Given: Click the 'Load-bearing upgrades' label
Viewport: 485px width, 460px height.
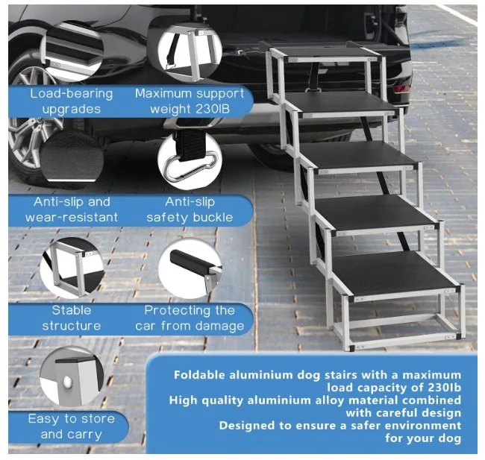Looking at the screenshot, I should click(72, 101).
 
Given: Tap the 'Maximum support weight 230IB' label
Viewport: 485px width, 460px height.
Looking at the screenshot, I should click(190, 101).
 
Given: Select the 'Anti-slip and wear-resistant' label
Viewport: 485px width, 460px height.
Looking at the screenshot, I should click(72, 209).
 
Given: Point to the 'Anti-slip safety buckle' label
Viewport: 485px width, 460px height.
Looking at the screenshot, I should click(190, 209).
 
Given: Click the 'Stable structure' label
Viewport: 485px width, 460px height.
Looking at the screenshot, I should click(72, 318).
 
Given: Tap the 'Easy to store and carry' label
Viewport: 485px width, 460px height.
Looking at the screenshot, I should click(72, 426).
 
